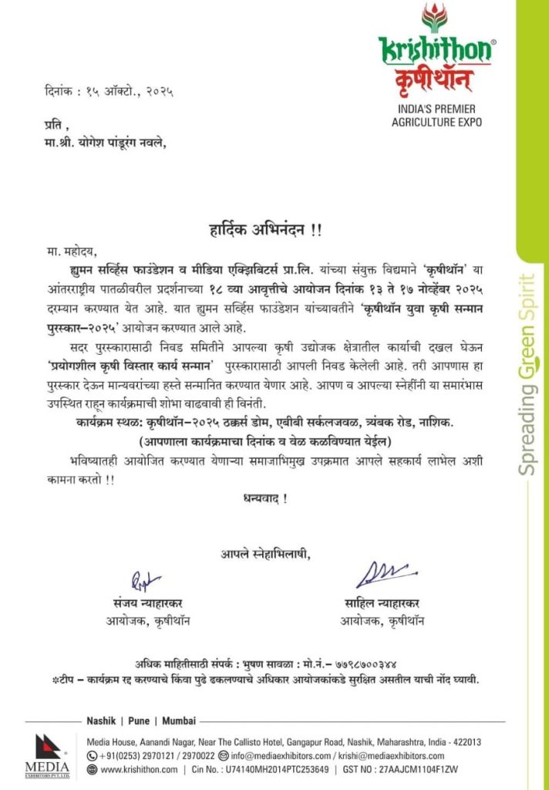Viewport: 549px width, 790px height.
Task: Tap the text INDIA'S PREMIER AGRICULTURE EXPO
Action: pos(436,116)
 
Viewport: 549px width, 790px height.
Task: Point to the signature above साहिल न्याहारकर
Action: pos(384,575)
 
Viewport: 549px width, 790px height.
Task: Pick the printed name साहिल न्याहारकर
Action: pos(382,603)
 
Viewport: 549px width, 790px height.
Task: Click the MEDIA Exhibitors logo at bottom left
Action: pos(47,757)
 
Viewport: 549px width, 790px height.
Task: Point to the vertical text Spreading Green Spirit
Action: pos(527,373)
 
